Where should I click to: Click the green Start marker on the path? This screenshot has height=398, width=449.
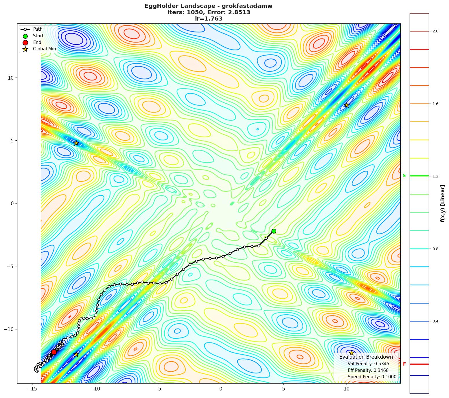pyautogui.click(x=274, y=231)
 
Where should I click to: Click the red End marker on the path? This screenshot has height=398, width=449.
pyautogui.click(x=54, y=352)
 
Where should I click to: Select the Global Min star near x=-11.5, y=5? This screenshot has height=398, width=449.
pyautogui.click(x=76, y=143)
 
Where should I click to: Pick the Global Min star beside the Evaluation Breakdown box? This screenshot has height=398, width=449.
pyautogui.click(x=352, y=353)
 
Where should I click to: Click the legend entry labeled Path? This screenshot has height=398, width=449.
pyautogui.click(x=38, y=29)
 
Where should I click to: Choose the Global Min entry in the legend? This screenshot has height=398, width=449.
pyautogui.click(x=44, y=49)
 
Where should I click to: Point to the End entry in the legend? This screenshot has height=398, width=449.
pyautogui.click(x=37, y=43)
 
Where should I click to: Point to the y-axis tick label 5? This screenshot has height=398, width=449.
pyautogui.click(x=12, y=141)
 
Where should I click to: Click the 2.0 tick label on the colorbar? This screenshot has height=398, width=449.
pyautogui.click(x=435, y=31)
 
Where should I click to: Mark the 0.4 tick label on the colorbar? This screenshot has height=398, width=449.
pyautogui.click(x=435, y=321)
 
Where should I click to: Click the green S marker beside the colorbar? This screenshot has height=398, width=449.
pyautogui.click(x=404, y=176)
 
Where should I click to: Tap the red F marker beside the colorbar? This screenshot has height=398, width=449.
pyautogui.click(x=404, y=364)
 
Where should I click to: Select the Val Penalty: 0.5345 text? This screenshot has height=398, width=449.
pyautogui.click(x=368, y=364)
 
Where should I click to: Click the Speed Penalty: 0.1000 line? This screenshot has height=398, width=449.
pyautogui.click(x=372, y=377)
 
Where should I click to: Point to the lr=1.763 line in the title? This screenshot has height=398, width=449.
pyautogui.click(x=208, y=19)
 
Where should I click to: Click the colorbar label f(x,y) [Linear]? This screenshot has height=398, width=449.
pyautogui.click(x=443, y=203)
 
